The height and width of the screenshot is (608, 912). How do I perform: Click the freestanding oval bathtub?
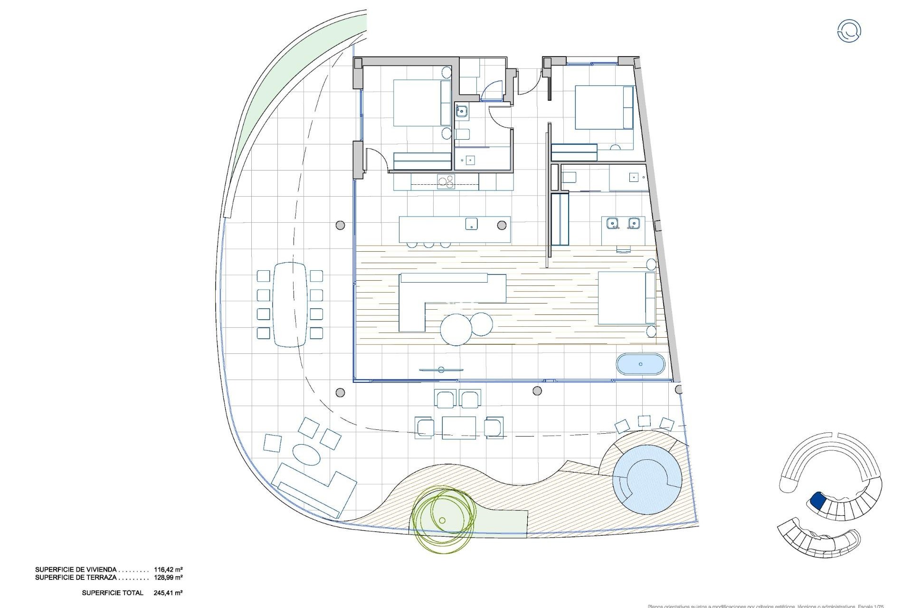pyautogui.click(x=640, y=364)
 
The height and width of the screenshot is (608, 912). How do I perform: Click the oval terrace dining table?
pyautogui.click(x=290, y=304)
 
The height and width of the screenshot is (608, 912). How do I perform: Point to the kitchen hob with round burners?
pyautogui.click(x=114, y=181)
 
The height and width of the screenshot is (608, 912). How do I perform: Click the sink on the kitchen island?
pyautogui.click(x=471, y=224)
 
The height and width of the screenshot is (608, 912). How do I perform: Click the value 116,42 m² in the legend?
pyautogui.click(x=169, y=569)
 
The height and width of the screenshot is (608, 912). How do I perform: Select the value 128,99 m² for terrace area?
pyautogui.click(x=169, y=578)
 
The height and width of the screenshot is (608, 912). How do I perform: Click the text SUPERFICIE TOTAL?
pyautogui.click(x=113, y=593)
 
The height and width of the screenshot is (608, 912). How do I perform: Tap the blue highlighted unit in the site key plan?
pyautogui.click(x=817, y=500)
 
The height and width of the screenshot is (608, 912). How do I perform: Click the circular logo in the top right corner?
pyautogui.click(x=849, y=31)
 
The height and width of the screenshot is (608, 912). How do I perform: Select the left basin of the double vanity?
pyautogui.click(x=612, y=222)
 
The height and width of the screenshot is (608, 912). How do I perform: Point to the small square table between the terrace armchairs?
pyautogui.click(x=458, y=427)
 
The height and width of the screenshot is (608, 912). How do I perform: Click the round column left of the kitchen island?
pyautogui.click(x=340, y=225)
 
